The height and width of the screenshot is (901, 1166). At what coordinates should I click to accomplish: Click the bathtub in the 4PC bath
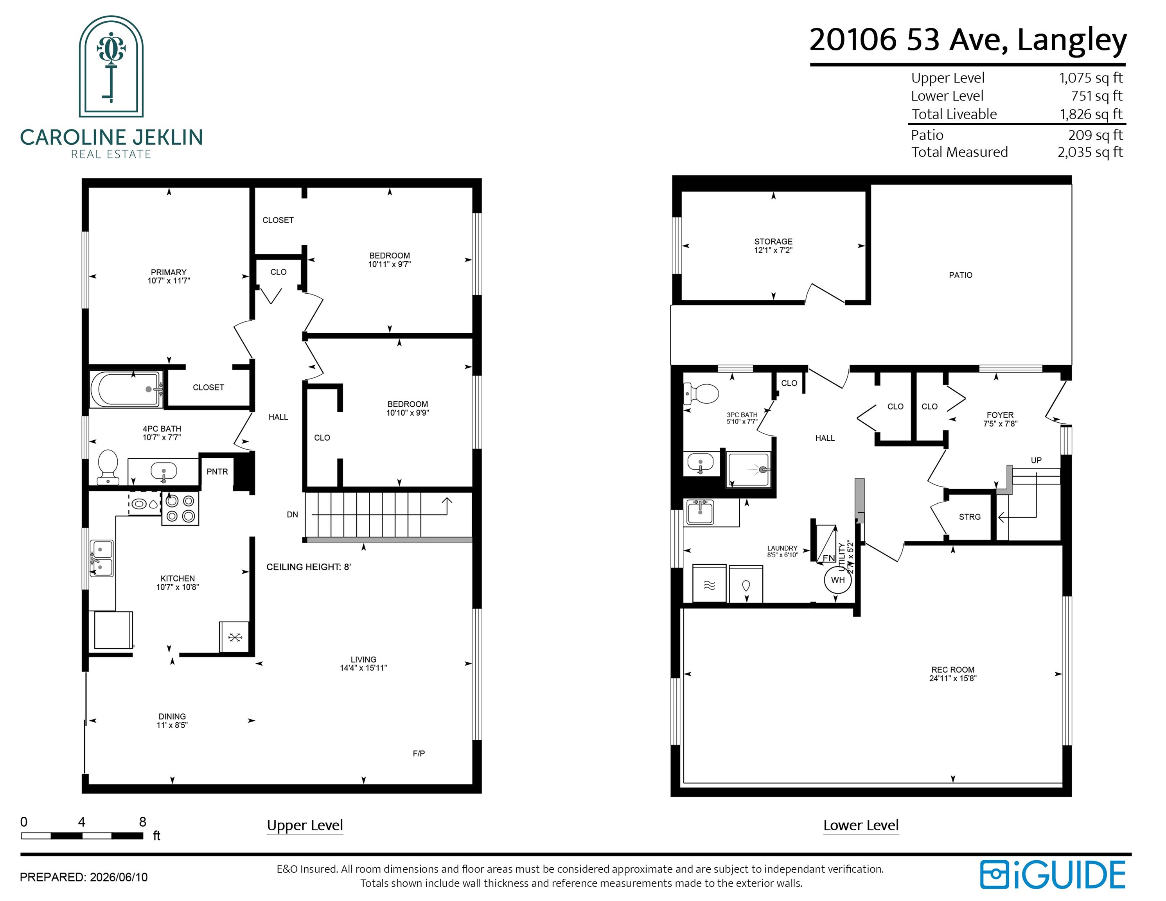point(126,389)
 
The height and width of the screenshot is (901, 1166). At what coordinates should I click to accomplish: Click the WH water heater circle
point(838,580)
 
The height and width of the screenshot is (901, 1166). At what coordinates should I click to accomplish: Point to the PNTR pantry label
point(217,471)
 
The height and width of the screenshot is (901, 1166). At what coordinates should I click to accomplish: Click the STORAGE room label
point(773,241)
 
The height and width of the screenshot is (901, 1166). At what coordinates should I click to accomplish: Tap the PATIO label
point(961,275)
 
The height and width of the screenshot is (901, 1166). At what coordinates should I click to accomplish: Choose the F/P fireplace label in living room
point(419,753)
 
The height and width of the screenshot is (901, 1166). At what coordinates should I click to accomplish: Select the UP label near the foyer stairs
point(1036,460)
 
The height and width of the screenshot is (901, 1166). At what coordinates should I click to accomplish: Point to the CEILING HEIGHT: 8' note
point(309,567)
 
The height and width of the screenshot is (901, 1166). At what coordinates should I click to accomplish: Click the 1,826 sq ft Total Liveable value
point(1091,114)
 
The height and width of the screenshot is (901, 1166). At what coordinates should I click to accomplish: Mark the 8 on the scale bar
point(142,822)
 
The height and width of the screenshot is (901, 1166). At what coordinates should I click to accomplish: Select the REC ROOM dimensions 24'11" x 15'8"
point(952,678)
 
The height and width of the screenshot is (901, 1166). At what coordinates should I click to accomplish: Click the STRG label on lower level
point(970,517)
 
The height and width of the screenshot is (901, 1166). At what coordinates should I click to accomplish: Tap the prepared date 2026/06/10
point(119,877)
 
